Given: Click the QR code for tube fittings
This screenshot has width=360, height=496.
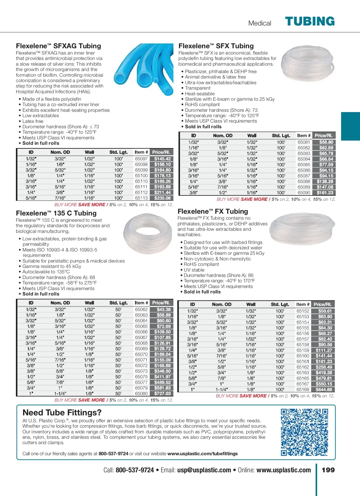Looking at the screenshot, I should [x=304, y=432].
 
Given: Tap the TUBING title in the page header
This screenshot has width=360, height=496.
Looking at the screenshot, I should [x=310, y=22].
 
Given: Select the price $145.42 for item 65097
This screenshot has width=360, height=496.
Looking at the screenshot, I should [x=162, y=159].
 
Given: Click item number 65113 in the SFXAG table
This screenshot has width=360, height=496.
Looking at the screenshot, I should [x=141, y=198].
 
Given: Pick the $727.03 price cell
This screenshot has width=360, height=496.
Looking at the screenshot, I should [x=162, y=394].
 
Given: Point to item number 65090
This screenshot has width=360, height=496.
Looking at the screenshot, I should [x=304, y=193].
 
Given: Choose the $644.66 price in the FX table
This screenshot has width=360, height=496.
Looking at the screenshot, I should [x=324, y=390].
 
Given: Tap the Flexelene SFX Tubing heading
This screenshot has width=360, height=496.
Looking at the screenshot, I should [x=216, y=46].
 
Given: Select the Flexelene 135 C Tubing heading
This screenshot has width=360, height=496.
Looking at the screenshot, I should [x=56, y=213].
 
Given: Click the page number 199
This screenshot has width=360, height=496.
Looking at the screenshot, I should [x=328, y=470].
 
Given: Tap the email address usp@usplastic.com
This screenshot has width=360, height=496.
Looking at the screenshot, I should [x=204, y=470].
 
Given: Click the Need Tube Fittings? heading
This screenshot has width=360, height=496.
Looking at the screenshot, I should [x=62, y=413].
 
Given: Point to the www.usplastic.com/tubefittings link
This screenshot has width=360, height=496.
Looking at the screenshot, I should [x=202, y=454].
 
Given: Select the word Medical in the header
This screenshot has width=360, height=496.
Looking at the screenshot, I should [x=259, y=23].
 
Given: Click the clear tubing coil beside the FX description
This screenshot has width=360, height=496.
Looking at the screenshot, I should [x=302, y=229].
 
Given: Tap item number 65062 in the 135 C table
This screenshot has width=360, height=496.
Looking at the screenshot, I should [x=141, y=310].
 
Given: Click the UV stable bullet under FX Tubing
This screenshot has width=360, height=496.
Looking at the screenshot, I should [x=194, y=270].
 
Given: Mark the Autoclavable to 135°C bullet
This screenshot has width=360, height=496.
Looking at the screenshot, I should [x=46, y=272].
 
